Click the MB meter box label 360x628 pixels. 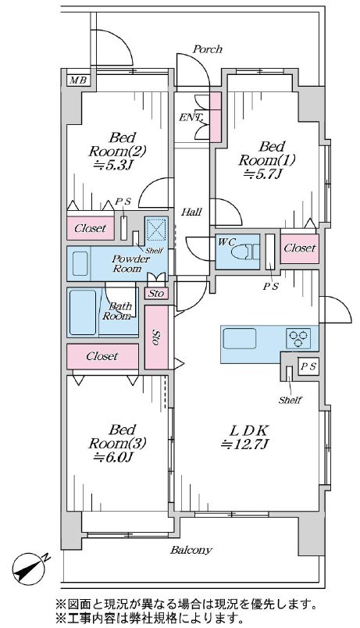click(78, 80)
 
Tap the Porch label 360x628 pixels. click(208, 49)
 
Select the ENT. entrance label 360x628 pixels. click(191, 118)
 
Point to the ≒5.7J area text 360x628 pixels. click(266, 173)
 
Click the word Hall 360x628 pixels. click(191, 212)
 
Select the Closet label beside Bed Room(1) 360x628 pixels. click(300, 248)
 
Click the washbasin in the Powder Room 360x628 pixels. click(80, 263)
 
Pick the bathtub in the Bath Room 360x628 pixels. click(83, 312)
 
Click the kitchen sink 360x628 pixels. click(240, 338)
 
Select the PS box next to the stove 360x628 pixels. click(308, 366)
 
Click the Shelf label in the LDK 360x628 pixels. click(290, 400)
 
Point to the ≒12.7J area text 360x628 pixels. click(245, 444)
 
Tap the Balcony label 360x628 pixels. click(191, 550)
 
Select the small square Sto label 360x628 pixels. click(156, 294)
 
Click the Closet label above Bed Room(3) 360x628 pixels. click(102, 356)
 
